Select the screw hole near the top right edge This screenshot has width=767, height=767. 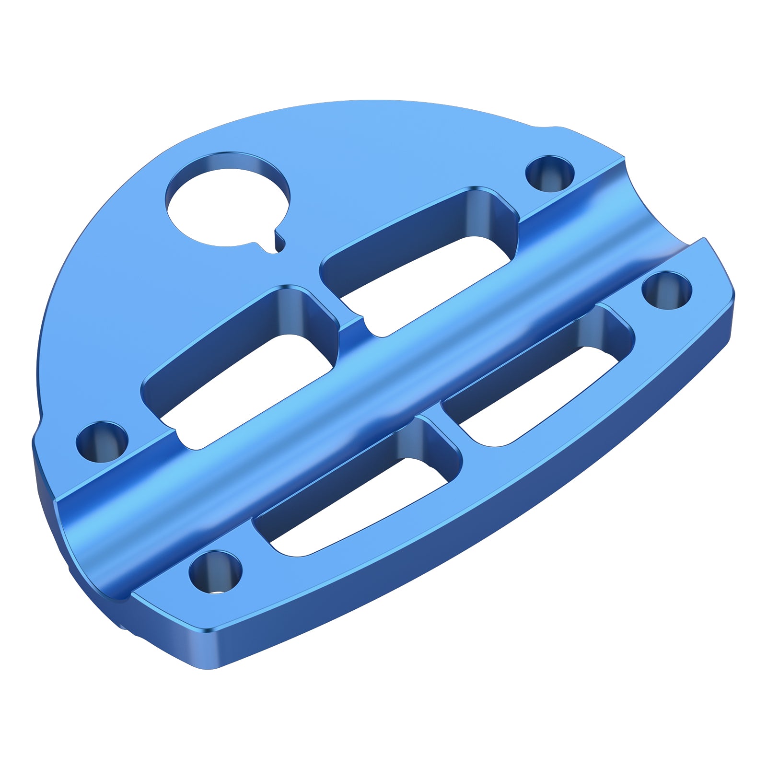pos(550,174)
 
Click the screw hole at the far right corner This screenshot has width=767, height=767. pos(666,291)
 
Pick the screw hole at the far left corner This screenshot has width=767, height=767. pos(103,441)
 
